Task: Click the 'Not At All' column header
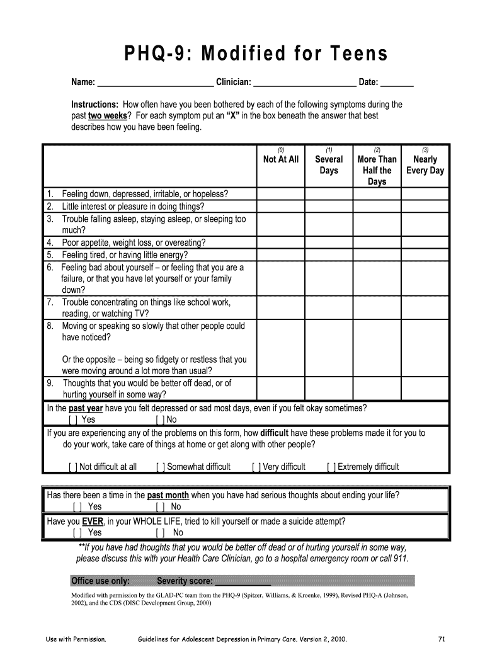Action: click(x=280, y=160)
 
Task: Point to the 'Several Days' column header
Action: click(x=329, y=165)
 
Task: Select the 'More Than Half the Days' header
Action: click(x=377, y=170)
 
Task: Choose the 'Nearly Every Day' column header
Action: click(x=425, y=165)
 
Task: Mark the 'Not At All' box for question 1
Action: click(x=280, y=193)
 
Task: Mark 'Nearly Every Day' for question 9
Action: click(x=425, y=389)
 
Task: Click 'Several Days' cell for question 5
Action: click(x=329, y=254)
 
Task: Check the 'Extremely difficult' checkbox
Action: click(x=331, y=467)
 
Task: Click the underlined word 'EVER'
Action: click(x=93, y=522)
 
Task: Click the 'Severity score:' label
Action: click(x=185, y=581)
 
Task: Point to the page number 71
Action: click(x=442, y=639)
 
